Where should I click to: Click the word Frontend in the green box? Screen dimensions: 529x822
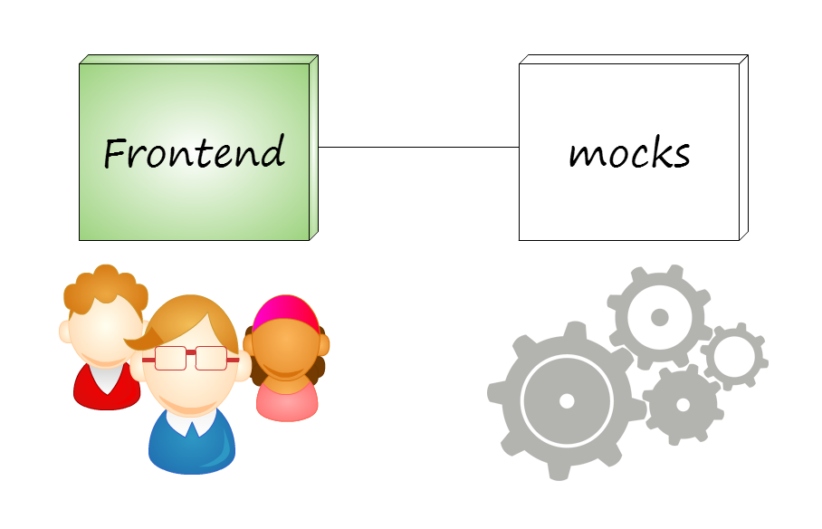pos(194,152)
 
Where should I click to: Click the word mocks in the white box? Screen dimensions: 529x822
pos(629,153)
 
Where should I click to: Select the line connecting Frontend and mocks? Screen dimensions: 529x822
pos(418,147)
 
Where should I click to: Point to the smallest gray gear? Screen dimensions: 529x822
pos(734,356)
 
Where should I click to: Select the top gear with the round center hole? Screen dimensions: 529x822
pos(659,316)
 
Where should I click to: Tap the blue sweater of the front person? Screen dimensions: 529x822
pos(191,448)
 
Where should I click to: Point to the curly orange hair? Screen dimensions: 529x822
pos(105,288)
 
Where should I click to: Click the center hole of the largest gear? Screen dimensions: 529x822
pos(567,399)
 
